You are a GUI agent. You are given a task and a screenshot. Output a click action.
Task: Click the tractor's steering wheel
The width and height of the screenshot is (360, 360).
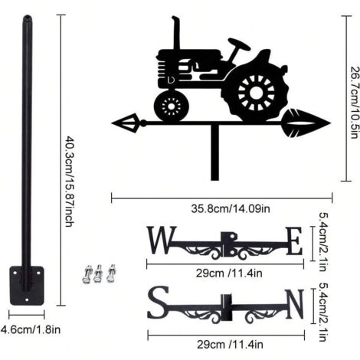pyautogui.click(x=239, y=44)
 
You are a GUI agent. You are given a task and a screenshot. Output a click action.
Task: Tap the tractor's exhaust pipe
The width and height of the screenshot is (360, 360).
pyautogui.click(x=175, y=33)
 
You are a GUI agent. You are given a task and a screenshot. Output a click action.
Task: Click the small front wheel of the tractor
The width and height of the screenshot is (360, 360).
pyautogui.click(x=172, y=106)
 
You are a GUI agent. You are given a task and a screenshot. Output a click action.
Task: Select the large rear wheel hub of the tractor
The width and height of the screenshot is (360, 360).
pyautogui.click(x=256, y=93)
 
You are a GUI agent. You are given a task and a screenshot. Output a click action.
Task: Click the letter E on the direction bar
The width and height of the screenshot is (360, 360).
pyautogui.click(x=294, y=241)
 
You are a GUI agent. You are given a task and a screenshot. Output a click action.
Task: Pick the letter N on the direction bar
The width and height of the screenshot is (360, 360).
pyautogui.click(x=295, y=304)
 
